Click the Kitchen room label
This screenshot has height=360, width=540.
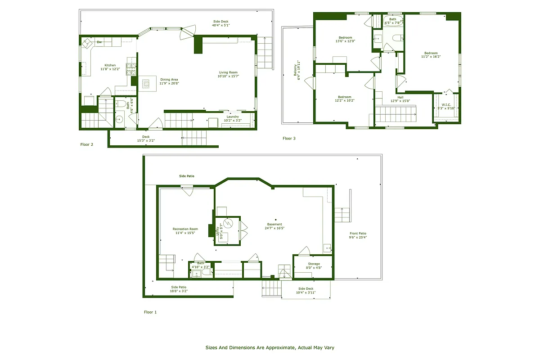110,65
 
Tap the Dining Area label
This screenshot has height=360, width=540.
169,80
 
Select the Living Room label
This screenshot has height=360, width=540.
228,72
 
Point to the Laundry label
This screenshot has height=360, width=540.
233,117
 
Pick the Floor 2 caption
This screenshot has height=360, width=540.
87,144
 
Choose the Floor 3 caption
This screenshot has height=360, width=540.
289,138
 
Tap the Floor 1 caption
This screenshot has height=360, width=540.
150,312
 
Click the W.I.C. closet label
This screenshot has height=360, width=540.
446,105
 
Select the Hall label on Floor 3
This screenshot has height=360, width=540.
400,97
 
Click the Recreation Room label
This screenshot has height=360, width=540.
185,229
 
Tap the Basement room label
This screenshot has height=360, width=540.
274,225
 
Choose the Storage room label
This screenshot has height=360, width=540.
314,264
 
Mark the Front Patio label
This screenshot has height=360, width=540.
358,233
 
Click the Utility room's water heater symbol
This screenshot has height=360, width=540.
227,223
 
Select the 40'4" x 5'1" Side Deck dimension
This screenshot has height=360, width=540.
221,25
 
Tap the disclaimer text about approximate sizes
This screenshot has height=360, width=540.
270,347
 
